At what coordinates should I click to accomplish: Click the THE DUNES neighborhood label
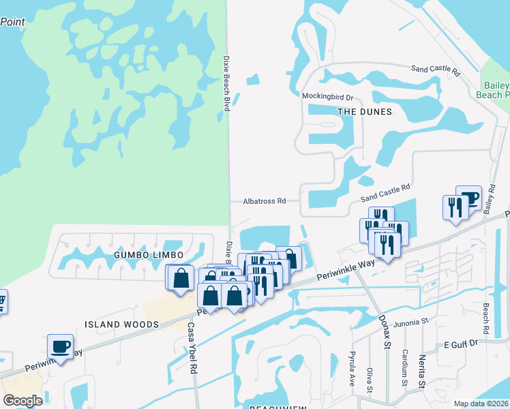click(364, 112)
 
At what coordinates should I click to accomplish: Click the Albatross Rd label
click(265, 201)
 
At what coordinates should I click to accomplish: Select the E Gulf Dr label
click(462, 346)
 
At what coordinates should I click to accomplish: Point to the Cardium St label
click(404, 366)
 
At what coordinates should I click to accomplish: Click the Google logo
click(22, 400)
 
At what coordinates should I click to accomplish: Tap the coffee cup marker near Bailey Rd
click(468, 198)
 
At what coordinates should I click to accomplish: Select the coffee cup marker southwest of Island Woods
click(61, 346)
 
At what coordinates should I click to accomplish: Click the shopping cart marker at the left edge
click(2, 300)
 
